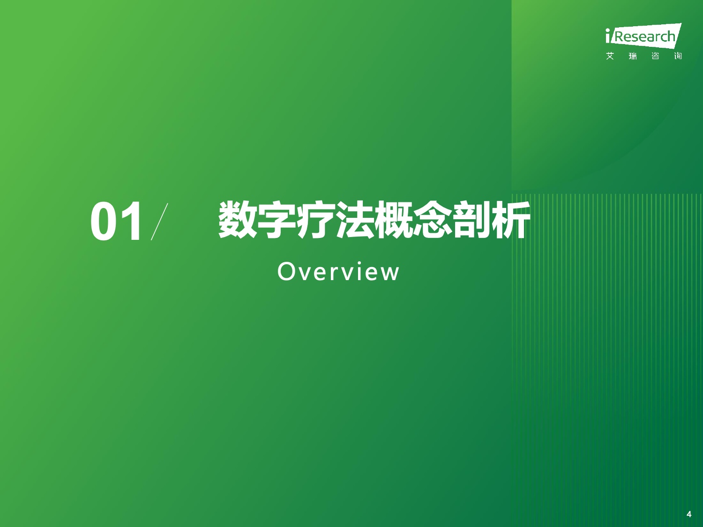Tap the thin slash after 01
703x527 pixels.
tap(159, 222)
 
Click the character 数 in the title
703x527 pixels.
tap(237, 220)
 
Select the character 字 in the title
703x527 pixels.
tap(277, 220)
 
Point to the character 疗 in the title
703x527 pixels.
tap(315, 220)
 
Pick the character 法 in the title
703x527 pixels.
tap(354, 220)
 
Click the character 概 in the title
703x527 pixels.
tap(394, 220)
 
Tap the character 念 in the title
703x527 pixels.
tap(433, 220)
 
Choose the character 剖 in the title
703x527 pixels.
tap(472, 220)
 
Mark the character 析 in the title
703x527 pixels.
tap(511, 220)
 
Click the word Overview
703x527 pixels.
tap(338, 272)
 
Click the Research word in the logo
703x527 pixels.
tap(645, 37)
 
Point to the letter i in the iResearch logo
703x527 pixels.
tap(607, 36)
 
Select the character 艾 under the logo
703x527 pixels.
tap(610, 56)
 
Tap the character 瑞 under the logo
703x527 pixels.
tap(633, 56)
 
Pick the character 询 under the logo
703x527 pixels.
tap(678, 56)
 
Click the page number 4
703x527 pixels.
tap(689, 514)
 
